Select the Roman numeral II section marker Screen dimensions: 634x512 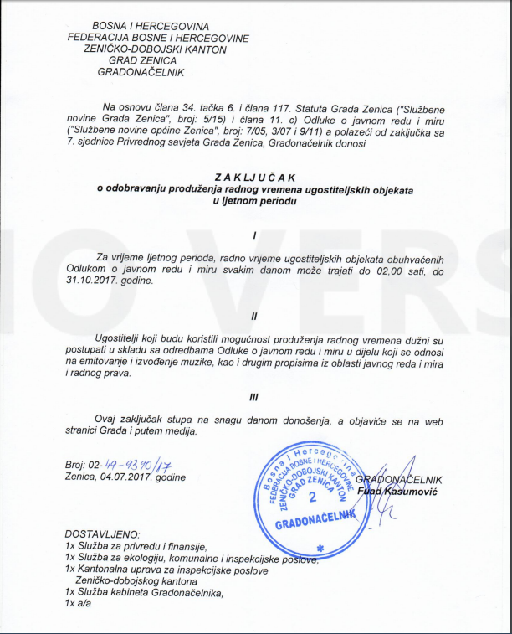point(253,316)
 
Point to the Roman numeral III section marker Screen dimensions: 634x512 point(253,399)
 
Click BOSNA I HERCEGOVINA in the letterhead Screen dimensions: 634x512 point(151,28)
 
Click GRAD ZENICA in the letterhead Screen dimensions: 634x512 point(147,60)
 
